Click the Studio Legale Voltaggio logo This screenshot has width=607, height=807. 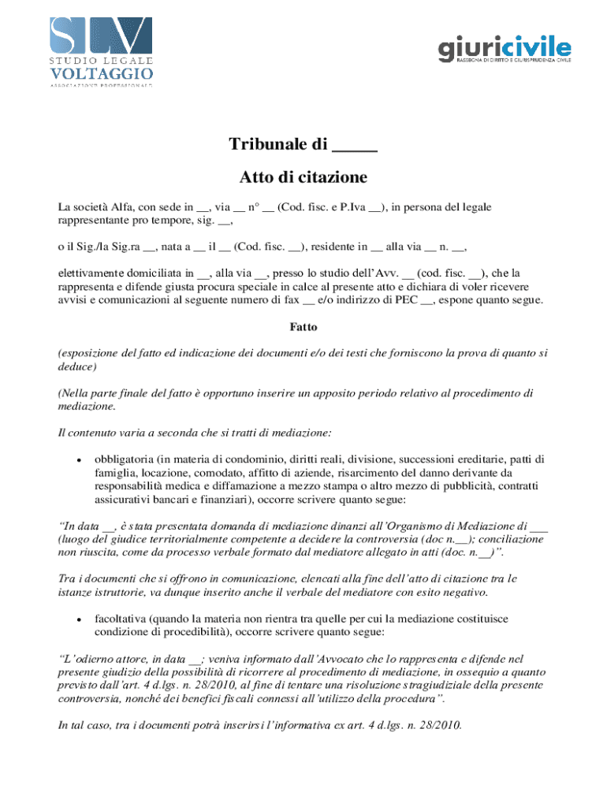click(x=100, y=49)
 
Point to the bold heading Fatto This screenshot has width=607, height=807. click(x=303, y=326)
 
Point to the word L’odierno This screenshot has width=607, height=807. click(x=88, y=658)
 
